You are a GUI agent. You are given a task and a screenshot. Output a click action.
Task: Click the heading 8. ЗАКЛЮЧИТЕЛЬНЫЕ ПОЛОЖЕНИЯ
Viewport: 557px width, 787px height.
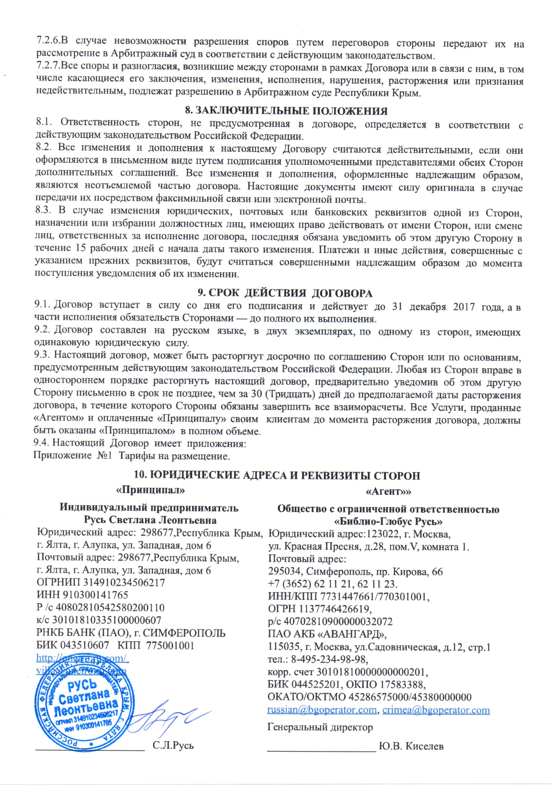(286, 111)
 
